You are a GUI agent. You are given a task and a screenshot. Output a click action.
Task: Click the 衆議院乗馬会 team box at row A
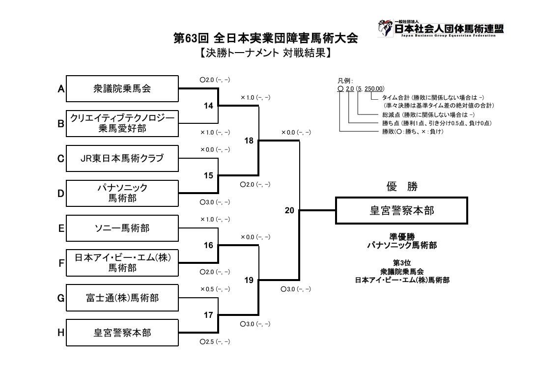click(122, 89)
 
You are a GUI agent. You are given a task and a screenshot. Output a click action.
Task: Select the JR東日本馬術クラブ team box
click(122, 159)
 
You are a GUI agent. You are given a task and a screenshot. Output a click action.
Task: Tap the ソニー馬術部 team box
click(122, 228)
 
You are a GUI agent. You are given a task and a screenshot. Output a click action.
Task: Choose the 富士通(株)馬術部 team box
click(122, 298)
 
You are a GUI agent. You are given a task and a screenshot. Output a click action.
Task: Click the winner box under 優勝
click(401, 210)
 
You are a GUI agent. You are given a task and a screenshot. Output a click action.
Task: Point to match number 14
click(208, 106)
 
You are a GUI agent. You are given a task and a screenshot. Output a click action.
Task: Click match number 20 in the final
click(289, 210)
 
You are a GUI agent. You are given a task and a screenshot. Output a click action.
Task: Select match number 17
click(208, 315)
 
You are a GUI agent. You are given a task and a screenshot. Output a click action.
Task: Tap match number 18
click(249, 141)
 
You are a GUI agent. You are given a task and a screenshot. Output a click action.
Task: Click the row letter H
click(61, 333)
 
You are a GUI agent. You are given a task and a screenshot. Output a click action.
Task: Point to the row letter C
click(61, 159)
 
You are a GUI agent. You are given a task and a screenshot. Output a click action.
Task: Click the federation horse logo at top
click(385, 28)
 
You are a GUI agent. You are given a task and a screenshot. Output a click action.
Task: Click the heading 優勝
click(401, 187)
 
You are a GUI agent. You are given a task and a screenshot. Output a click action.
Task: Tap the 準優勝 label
click(401, 236)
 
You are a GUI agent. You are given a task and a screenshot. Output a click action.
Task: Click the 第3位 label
click(401, 263)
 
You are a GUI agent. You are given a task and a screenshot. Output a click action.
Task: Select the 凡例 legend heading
click(344, 81)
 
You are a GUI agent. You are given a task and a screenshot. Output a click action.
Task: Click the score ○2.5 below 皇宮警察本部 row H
click(215, 341)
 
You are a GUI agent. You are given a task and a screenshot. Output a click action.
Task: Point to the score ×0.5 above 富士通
click(215, 289)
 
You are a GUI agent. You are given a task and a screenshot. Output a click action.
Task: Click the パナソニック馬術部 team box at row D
click(122, 193)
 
